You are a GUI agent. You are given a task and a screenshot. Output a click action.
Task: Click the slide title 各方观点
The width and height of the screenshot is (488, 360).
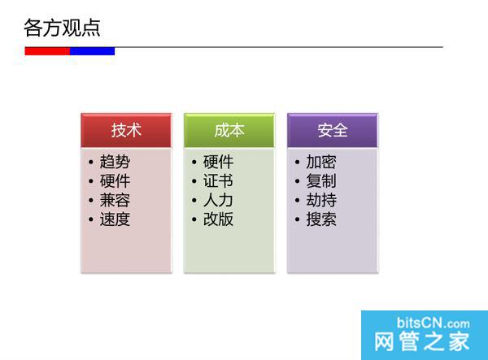pos(63,28)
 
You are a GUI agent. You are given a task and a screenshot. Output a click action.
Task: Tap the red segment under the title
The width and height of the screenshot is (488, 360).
pos(47,50)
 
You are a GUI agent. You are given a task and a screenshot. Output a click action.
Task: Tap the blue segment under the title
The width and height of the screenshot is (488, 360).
pos(92,50)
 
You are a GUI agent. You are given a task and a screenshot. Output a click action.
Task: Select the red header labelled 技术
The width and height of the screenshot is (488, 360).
pos(126,130)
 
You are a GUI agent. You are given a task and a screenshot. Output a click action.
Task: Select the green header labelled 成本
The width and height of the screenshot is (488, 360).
pos(229,130)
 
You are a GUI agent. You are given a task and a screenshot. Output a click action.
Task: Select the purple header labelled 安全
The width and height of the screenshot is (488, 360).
pos(333,130)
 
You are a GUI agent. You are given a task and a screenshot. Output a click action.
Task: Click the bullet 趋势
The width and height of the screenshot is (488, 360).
pos(115,163)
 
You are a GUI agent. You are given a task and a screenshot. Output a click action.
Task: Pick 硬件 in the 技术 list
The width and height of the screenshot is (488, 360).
pos(115,181)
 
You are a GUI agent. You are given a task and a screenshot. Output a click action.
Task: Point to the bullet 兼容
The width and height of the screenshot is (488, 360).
pos(115,200)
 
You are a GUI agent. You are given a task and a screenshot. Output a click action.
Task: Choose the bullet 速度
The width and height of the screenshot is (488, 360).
pos(115,219)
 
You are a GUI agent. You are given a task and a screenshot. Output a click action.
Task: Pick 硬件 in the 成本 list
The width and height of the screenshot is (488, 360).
pos(218,163)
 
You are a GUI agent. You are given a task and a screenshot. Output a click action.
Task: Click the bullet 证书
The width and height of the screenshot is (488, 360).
pos(218,181)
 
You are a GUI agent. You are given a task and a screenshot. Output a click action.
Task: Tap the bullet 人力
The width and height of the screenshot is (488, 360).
pos(218,200)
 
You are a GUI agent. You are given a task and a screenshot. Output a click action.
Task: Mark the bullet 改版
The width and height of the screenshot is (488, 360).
pos(218,219)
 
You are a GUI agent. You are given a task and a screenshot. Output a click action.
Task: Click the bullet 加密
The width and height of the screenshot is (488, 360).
pos(321,163)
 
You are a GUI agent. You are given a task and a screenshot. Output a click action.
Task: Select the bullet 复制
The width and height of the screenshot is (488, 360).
pos(321,181)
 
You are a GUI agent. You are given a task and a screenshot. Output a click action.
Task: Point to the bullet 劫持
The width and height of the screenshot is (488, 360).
pos(321,200)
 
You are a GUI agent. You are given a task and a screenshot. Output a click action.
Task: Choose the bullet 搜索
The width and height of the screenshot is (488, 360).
pos(321,219)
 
